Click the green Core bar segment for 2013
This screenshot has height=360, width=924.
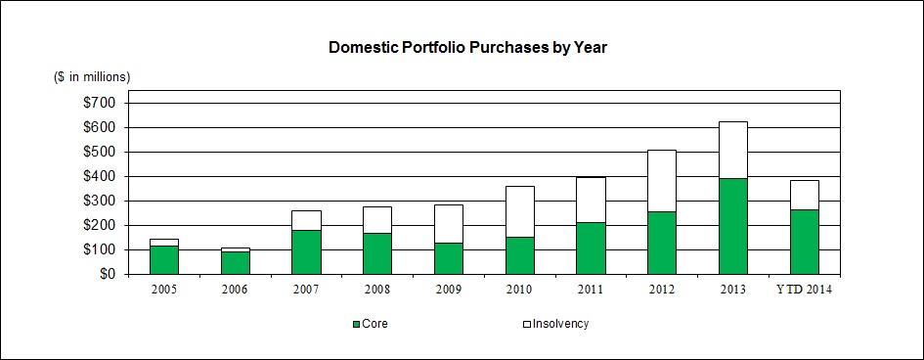click(733, 226)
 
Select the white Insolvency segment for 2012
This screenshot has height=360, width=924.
click(662, 181)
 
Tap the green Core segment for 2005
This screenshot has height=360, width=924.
click(164, 260)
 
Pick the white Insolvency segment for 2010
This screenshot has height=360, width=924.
click(520, 211)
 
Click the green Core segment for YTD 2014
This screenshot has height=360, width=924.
click(805, 243)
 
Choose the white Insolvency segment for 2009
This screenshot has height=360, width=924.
click(449, 224)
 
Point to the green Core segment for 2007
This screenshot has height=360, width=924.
click(306, 252)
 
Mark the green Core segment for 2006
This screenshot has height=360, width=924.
click(235, 263)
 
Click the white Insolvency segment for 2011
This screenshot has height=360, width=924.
click(591, 200)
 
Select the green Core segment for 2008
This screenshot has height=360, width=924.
click(377, 254)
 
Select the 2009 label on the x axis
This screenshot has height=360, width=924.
click(449, 290)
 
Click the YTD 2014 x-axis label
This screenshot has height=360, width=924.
click(805, 290)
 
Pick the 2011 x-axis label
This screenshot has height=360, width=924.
click(591, 290)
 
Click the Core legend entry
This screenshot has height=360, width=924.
click(370, 324)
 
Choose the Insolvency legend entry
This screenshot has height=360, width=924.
click(555, 324)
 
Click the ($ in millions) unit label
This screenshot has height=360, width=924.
click(93, 77)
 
